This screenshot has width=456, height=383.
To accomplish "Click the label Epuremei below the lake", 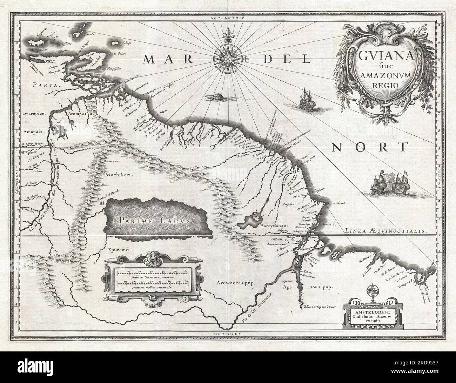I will tap(116, 250).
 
